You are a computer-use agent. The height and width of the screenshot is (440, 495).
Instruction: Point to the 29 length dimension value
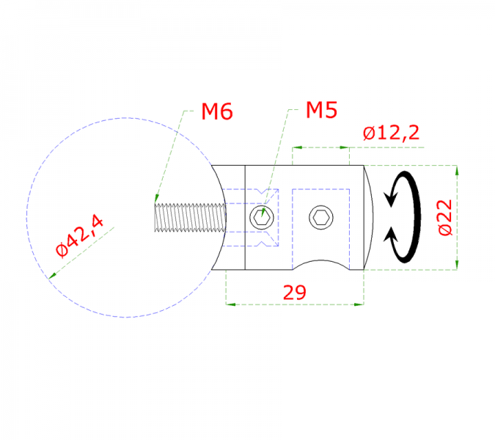(x=294, y=292)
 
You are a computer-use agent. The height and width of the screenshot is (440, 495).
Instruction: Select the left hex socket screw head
(x=262, y=217)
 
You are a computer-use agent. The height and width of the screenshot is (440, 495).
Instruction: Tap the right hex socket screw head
(x=320, y=217)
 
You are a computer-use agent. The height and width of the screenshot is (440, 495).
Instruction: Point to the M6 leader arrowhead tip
(x=155, y=198)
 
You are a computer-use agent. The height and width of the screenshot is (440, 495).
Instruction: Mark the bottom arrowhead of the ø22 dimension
(x=456, y=266)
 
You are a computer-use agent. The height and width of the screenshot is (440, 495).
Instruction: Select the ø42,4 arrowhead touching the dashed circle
(x=50, y=276)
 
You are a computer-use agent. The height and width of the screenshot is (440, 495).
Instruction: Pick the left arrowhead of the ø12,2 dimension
(x=296, y=147)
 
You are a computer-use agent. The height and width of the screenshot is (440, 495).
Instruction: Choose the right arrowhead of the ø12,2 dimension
(x=346, y=147)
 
